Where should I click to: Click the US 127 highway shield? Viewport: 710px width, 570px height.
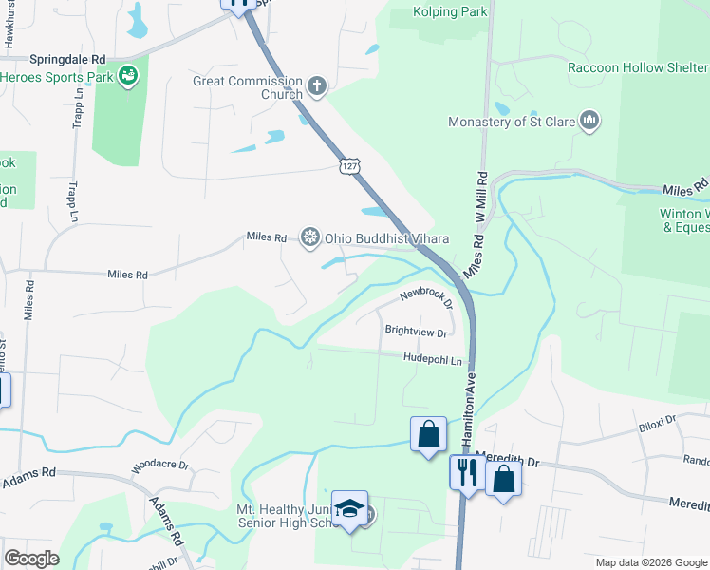point(350,165)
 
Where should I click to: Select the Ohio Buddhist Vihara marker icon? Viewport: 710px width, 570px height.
point(309,237)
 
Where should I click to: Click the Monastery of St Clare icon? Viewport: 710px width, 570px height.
point(589,121)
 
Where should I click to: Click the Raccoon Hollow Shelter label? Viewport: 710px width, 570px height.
point(637,67)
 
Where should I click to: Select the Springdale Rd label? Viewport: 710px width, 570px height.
point(67,58)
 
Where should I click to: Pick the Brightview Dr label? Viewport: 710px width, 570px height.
point(415,331)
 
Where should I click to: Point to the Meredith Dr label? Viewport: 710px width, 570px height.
point(508,459)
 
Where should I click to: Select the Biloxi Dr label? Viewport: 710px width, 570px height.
point(656,419)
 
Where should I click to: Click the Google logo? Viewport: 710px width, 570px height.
point(31,558)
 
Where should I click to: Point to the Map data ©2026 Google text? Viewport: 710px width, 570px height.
point(650,562)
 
